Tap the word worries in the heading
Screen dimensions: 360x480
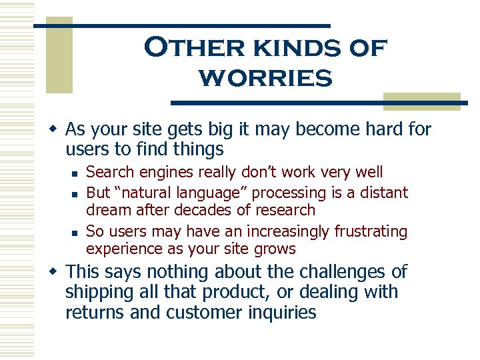pos(265,79)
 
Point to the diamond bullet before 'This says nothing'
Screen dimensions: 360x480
pos(57,272)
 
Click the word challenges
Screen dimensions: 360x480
pos(339,271)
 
